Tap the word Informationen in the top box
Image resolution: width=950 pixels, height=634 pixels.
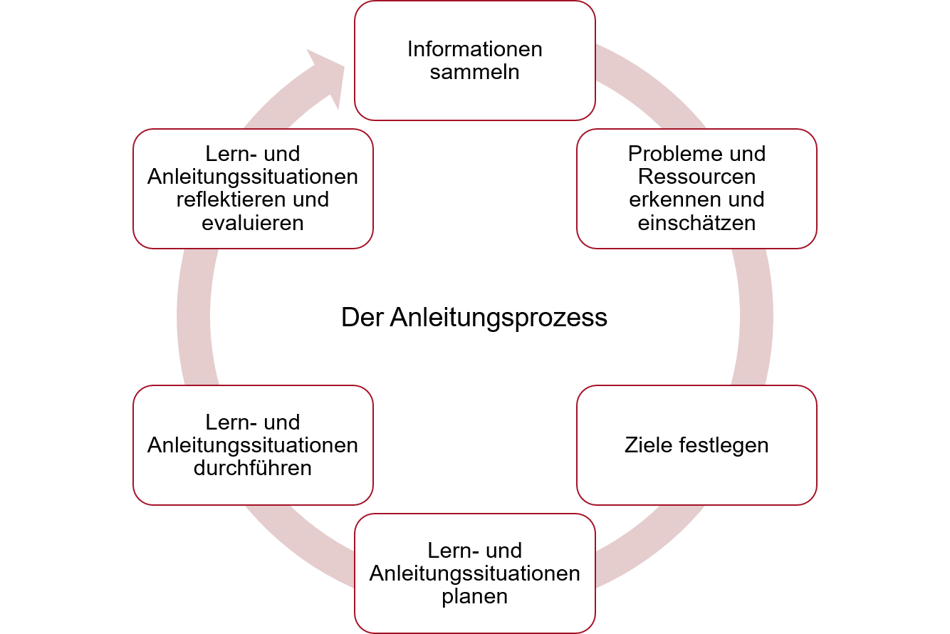[475, 49]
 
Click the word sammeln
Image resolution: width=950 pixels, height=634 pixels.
[475, 72]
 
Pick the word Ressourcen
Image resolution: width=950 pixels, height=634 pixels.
[696, 177]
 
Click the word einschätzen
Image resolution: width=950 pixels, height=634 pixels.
[696, 222]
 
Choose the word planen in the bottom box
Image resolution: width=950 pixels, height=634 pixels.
[475, 596]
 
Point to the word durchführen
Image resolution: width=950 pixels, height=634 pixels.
[253, 468]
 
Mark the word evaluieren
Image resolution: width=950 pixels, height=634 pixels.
[253, 222]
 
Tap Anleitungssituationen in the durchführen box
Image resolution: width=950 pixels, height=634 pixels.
[253, 445]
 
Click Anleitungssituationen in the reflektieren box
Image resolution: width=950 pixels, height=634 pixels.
[253, 177]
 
